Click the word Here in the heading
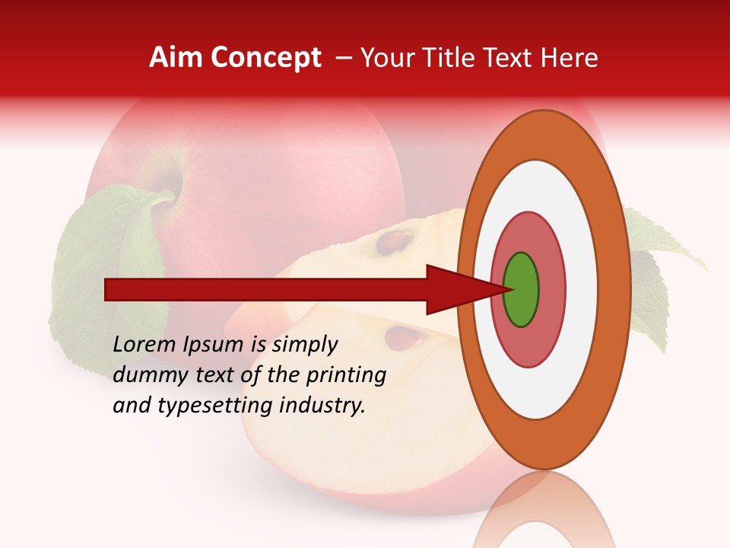(571, 58)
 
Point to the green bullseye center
(522, 290)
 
